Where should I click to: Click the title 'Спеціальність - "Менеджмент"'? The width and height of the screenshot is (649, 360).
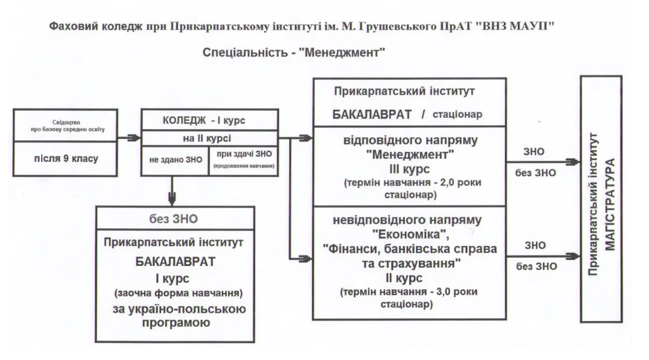tap(294, 53)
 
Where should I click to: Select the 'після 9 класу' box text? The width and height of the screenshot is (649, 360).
tap(66, 158)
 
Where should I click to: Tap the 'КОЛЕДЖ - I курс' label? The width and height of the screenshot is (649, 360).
tap(204, 121)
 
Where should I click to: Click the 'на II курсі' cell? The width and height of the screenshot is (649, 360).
tap(207, 139)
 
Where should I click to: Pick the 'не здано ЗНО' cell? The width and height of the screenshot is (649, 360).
tap(176, 160)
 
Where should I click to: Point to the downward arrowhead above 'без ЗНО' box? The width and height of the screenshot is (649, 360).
tap(172, 199)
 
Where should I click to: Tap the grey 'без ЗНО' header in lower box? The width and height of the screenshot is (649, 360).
tap(174, 219)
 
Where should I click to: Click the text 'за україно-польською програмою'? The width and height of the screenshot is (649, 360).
tap(179, 315)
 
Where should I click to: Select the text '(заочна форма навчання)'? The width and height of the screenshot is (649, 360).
tap(179, 293)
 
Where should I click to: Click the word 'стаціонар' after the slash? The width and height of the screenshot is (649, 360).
tap(457, 114)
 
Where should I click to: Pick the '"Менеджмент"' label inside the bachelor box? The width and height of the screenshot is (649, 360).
tap(410, 155)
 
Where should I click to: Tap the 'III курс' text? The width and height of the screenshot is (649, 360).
tap(409, 169)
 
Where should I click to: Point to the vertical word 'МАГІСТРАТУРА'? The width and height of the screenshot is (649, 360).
tap(610, 204)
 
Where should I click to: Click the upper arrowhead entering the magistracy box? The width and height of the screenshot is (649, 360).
tap(574, 162)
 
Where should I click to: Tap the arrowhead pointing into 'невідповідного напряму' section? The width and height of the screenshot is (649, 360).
tap(305, 259)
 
